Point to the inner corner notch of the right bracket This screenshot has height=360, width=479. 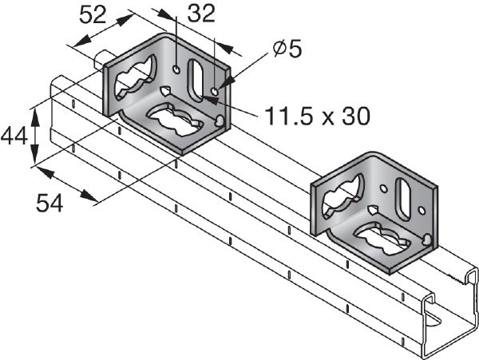coord(371,210)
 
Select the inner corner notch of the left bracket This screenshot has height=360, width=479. coord(166,90)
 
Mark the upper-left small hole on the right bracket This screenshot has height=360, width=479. coord(386,190)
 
